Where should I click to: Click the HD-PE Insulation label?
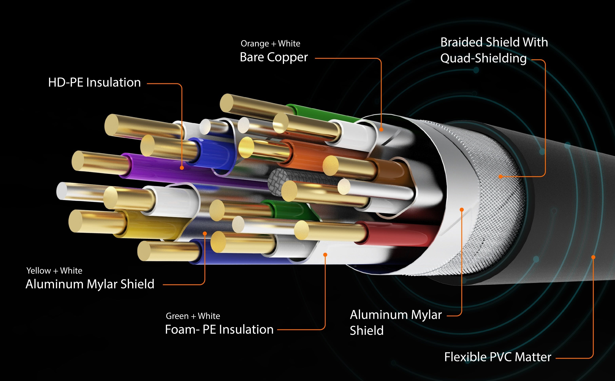coord(94,82)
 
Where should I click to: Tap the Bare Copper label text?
coord(274,57)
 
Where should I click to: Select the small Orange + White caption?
coord(270,44)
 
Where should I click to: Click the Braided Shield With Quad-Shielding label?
coord(494,50)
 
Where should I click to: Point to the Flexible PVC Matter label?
coord(497,357)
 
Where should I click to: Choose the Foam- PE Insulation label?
coord(219,329)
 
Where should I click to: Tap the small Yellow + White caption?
coord(54,271)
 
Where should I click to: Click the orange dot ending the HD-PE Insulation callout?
coord(182,168)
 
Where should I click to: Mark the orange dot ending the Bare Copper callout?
coord(381,130)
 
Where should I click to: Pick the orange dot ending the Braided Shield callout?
coord(501,177)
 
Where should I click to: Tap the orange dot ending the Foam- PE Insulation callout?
coord(325,255)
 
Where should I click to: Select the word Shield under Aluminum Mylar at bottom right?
coord(367,330)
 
